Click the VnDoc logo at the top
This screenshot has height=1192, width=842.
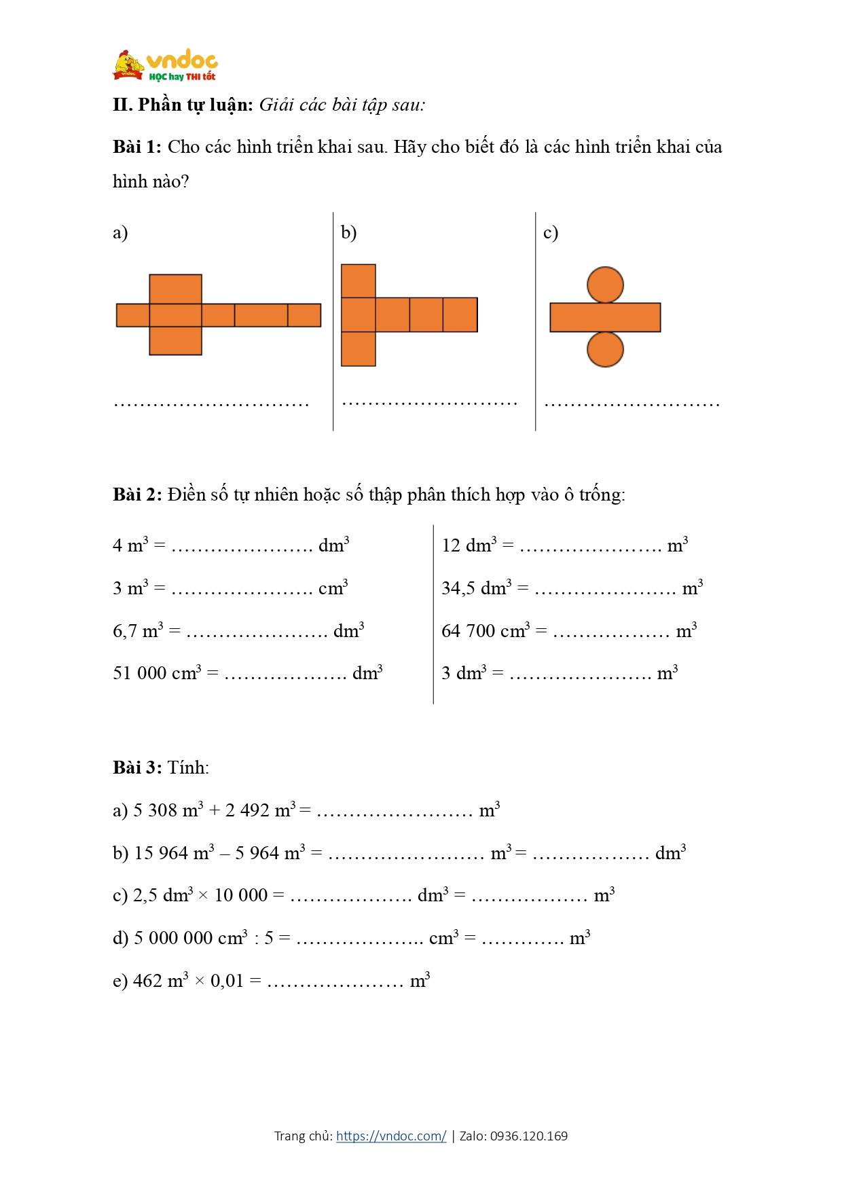click(165, 67)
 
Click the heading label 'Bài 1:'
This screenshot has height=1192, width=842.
click(137, 147)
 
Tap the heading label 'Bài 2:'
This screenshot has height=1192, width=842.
click(137, 494)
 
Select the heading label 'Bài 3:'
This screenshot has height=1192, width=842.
click(137, 767)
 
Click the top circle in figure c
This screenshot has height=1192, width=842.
click(605, 285)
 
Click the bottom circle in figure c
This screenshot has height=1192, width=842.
click(605, 349)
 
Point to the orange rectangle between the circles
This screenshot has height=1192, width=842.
click(605, 317)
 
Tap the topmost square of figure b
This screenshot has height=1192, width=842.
click(358, 281)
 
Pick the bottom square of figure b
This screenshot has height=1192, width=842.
click(358, 349)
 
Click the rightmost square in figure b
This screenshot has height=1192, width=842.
click(460, 314)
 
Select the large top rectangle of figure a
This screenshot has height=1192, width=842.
click(175, 289)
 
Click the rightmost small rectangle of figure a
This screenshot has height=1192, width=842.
click(304, 315)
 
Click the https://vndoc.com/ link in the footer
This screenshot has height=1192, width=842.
click(391, 1136)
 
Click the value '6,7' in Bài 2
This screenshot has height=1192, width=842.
click(125, 632)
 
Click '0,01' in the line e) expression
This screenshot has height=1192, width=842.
click(227, 981)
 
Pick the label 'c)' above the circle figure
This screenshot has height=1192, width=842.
click(551, 233)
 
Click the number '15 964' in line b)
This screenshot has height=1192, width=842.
click(161, 853)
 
